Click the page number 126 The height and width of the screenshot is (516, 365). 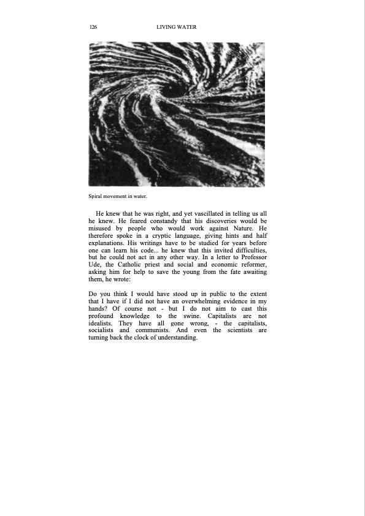click(x=93, y=28)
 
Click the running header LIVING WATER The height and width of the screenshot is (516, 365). click(x=176, y=28)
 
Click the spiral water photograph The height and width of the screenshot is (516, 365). click(x=177, y=114)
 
